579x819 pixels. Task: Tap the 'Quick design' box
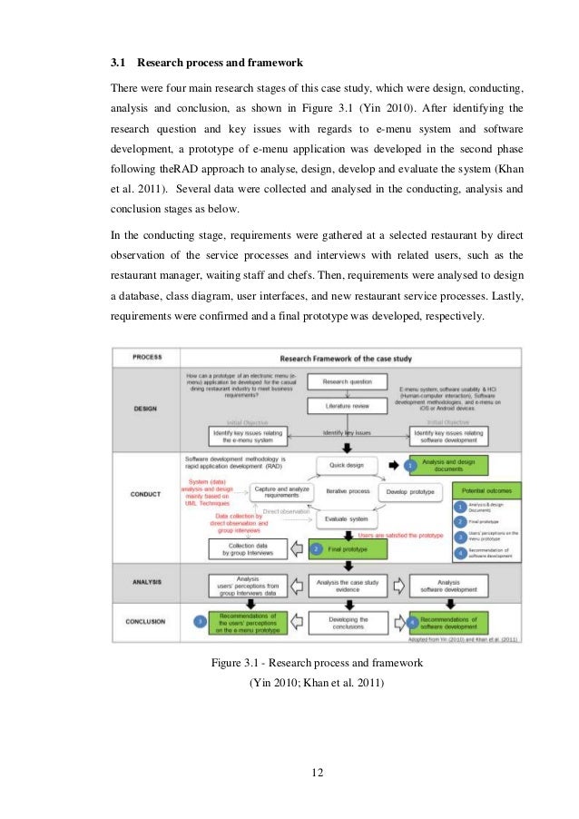(347, 465)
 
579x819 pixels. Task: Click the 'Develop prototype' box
(410, 490)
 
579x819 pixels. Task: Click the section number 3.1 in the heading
(117, 64)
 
